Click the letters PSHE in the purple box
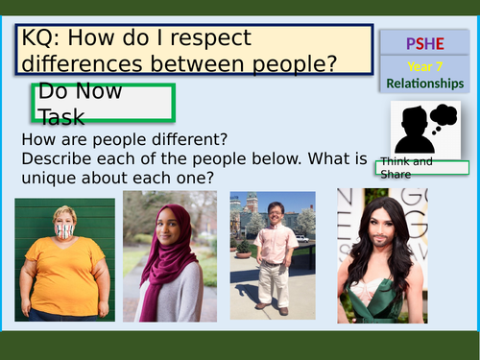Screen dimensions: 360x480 [422, 43]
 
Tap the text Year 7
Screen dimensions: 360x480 [422, 66]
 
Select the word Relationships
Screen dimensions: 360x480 [425, 84]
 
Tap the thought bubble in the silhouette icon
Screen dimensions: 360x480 [443, 117]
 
